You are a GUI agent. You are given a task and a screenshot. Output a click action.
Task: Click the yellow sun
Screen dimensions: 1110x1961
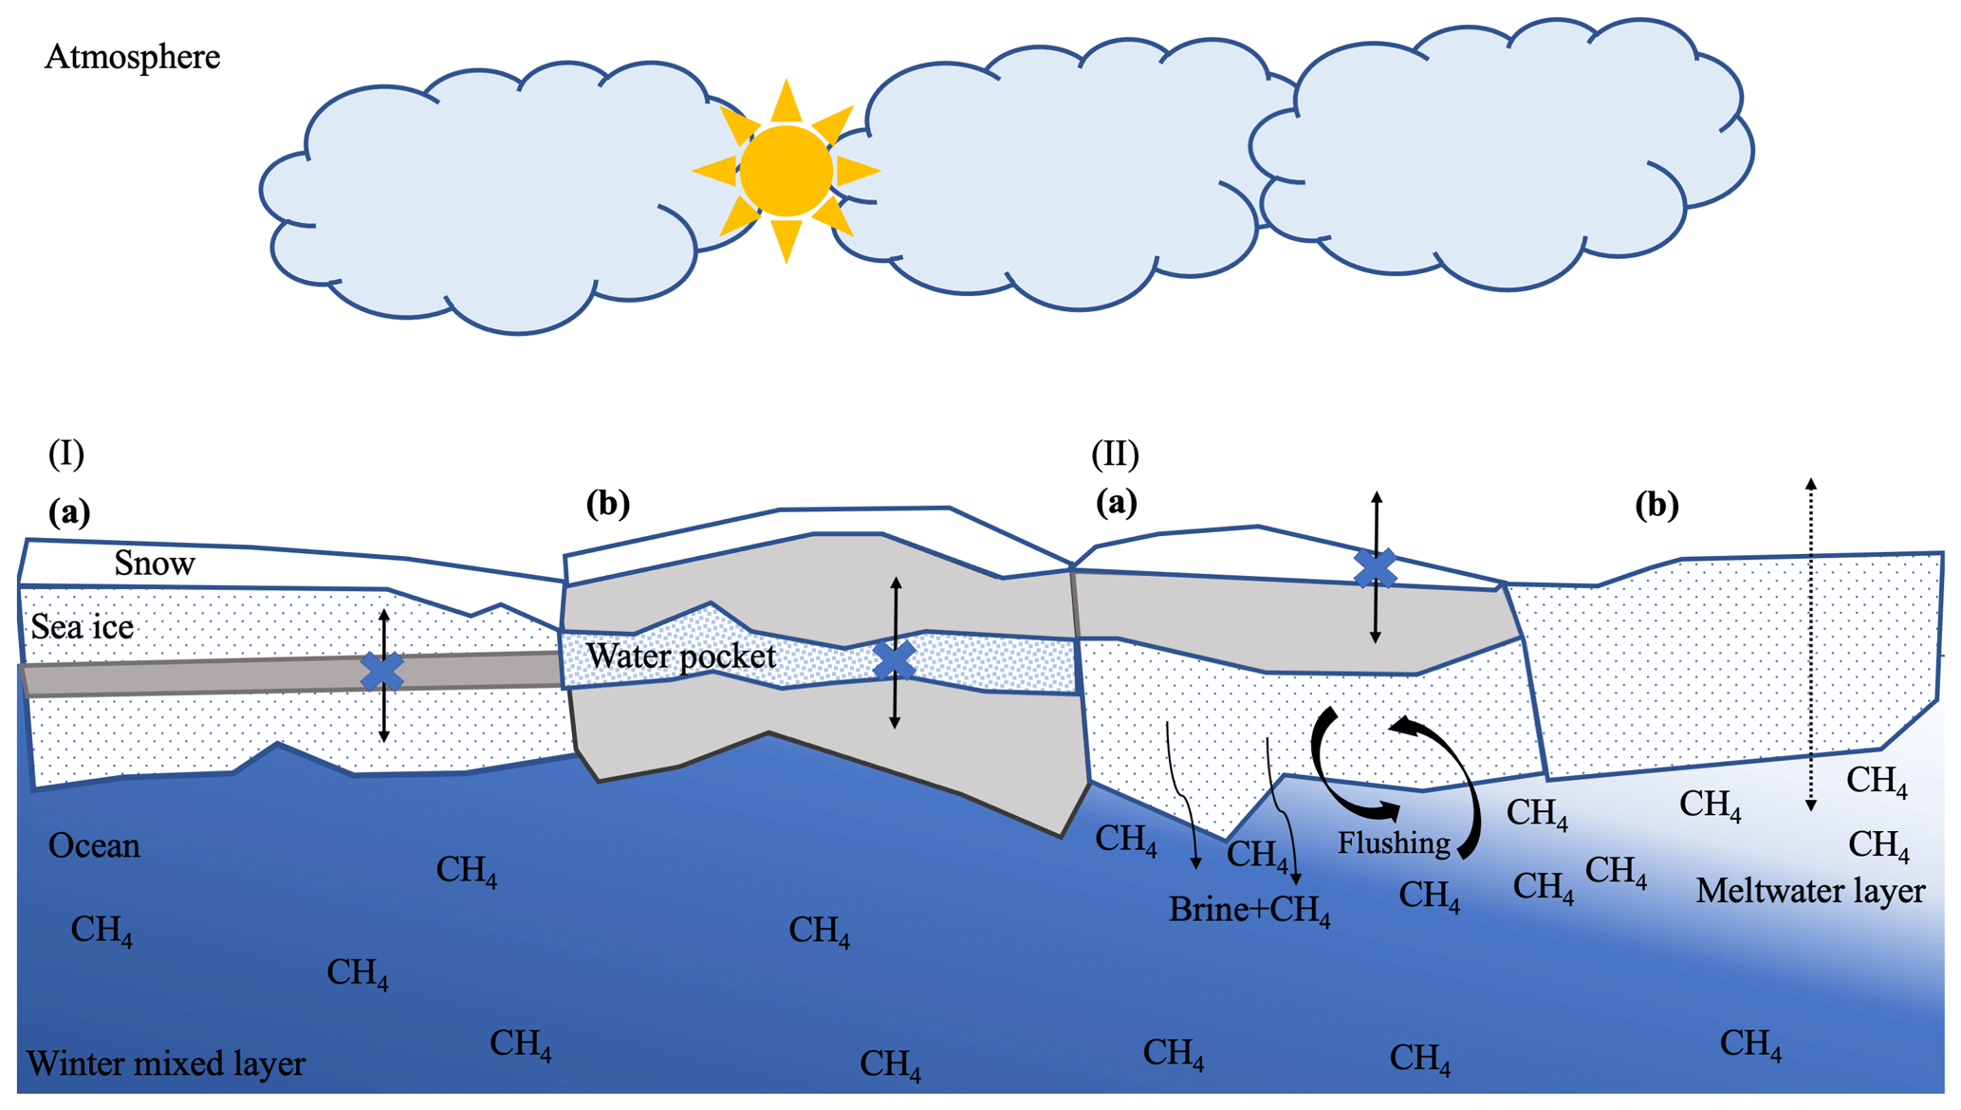(786, 171)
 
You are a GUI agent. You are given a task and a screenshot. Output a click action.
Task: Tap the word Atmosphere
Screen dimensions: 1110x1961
(132, 57)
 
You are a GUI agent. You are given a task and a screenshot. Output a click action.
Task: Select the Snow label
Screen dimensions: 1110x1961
(155, 564)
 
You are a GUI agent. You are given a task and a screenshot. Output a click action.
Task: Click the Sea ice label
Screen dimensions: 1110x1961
(82, 627)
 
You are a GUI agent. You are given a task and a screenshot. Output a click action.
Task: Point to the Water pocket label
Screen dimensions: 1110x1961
(680, 656)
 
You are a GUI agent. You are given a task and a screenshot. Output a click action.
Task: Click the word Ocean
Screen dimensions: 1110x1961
(94, 845)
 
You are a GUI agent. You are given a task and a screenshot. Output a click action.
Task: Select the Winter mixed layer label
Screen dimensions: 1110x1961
(166, 1064)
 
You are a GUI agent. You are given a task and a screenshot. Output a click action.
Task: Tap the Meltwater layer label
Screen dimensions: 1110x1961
(1810, 891)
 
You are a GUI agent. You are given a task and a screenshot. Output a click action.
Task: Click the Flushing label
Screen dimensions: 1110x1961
(1394, 842)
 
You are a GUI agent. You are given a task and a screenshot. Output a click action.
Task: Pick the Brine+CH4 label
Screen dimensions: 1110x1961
(1249, 910)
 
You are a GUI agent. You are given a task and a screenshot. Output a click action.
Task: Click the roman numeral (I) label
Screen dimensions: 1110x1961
(66, 453)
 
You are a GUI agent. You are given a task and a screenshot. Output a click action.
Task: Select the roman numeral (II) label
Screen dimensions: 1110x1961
(1115, 453)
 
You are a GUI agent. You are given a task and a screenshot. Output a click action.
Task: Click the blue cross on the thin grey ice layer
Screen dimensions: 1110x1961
(382, 671)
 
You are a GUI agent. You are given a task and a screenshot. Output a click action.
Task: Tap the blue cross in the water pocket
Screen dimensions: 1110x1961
(894, 660)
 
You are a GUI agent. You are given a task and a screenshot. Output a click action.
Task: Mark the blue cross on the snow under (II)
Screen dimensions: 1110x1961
(1375, 567)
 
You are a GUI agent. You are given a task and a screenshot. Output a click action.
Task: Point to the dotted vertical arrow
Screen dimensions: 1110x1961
(1810, 645)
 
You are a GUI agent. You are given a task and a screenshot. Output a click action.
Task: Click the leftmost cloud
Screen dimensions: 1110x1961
(484, 199)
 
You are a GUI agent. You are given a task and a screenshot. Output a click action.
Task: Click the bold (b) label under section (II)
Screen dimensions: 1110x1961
(1656, 504)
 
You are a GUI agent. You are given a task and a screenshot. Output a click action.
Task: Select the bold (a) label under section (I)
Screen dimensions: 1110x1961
(69, 512)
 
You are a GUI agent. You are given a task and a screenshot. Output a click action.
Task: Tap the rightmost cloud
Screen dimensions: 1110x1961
(1508, 152)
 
